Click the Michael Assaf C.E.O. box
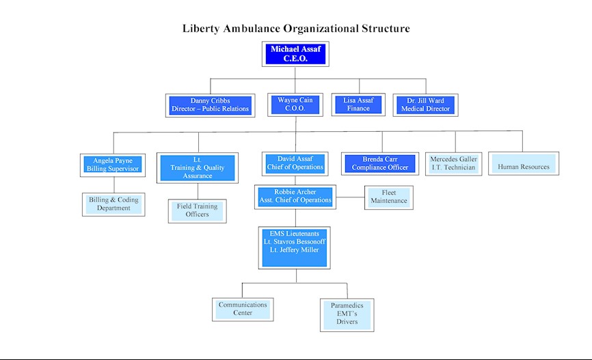coord(295,54)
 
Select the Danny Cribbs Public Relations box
coord(211,105)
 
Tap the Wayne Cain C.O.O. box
coord(295,105)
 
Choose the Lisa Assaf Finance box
coord(358,105)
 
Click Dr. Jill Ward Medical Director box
coord(425,105)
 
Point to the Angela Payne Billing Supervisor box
coord(113,165)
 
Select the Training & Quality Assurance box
coord(198,168)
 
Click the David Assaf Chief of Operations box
coord(295,164)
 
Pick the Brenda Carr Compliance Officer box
coord(380,164)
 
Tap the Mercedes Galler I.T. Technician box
coord(454,164)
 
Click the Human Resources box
coord(524,163)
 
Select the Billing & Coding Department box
coord(113,204)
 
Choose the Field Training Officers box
coord(198,211)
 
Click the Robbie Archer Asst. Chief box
coord(295,197)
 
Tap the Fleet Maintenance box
coord(389,197)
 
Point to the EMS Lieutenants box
coord(295,247)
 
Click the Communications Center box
coord(243,309)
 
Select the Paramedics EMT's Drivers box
coord(347,315)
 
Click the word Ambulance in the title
coord(252,29)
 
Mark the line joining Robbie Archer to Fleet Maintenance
coord(351,197)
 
